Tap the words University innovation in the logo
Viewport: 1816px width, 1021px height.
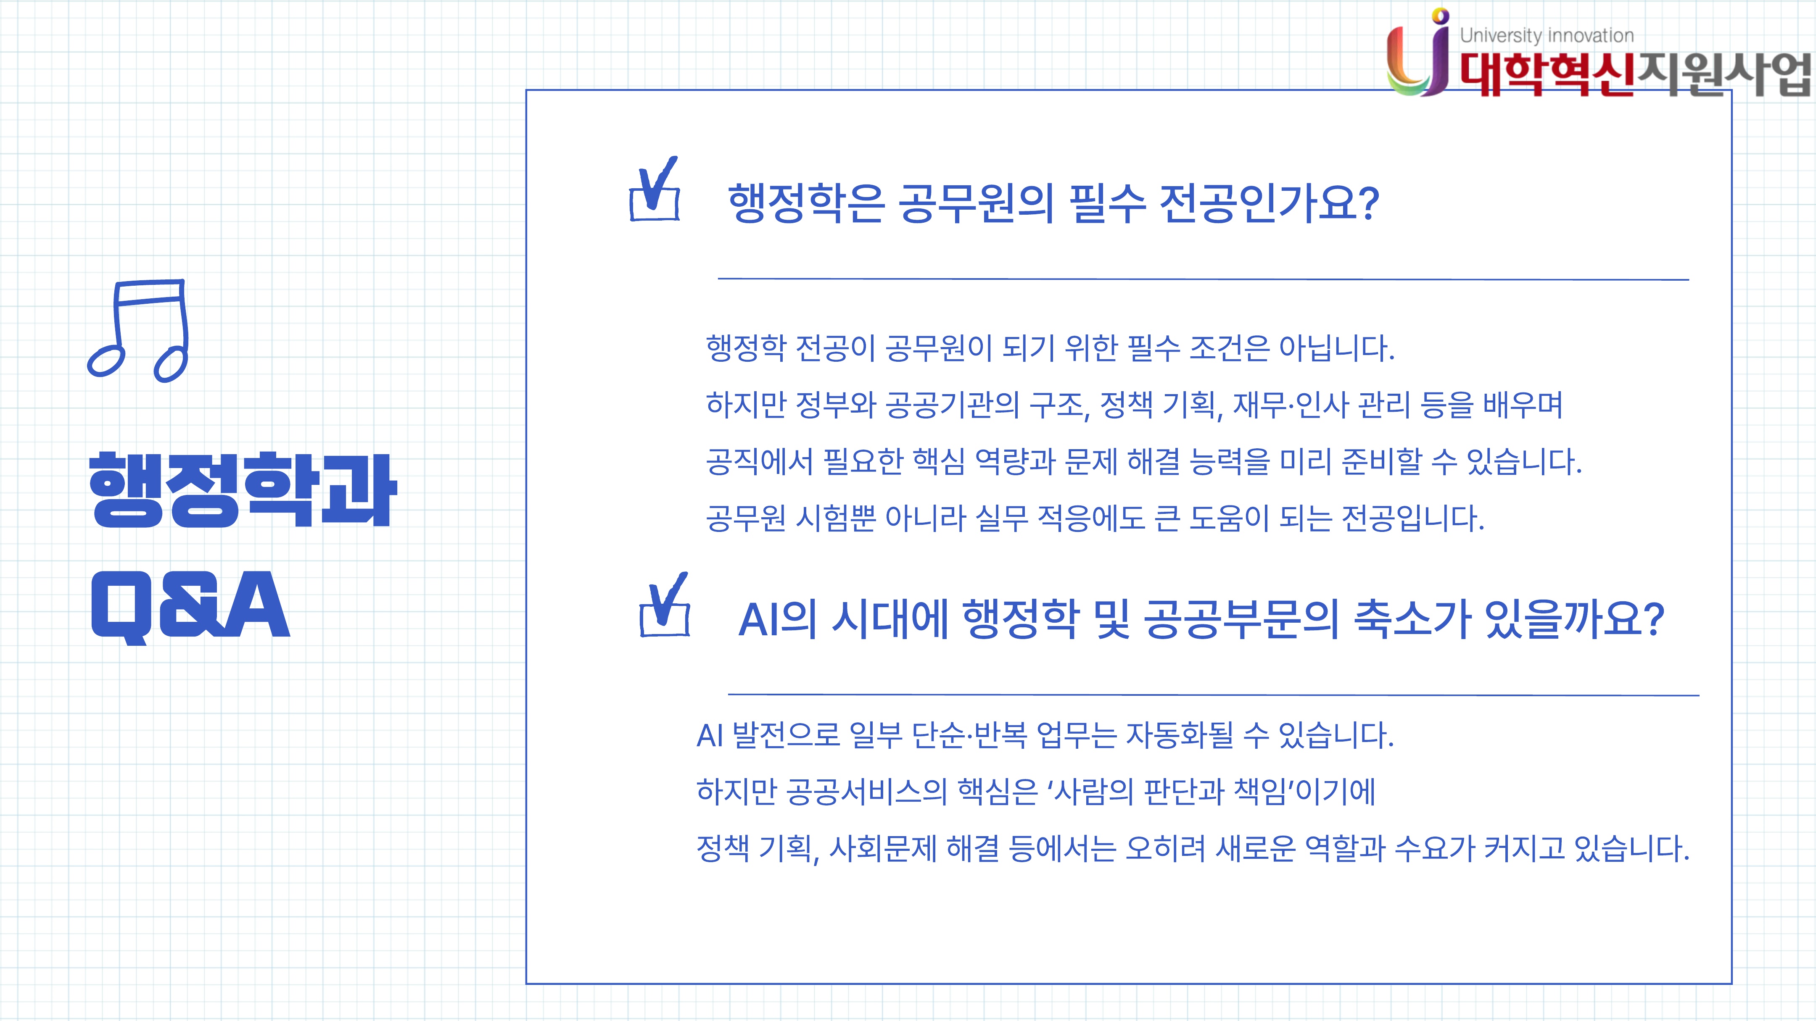pos(1547,35)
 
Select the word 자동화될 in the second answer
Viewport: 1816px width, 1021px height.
pos(1180,735)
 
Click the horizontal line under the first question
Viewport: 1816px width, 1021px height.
pos(1204,279)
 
